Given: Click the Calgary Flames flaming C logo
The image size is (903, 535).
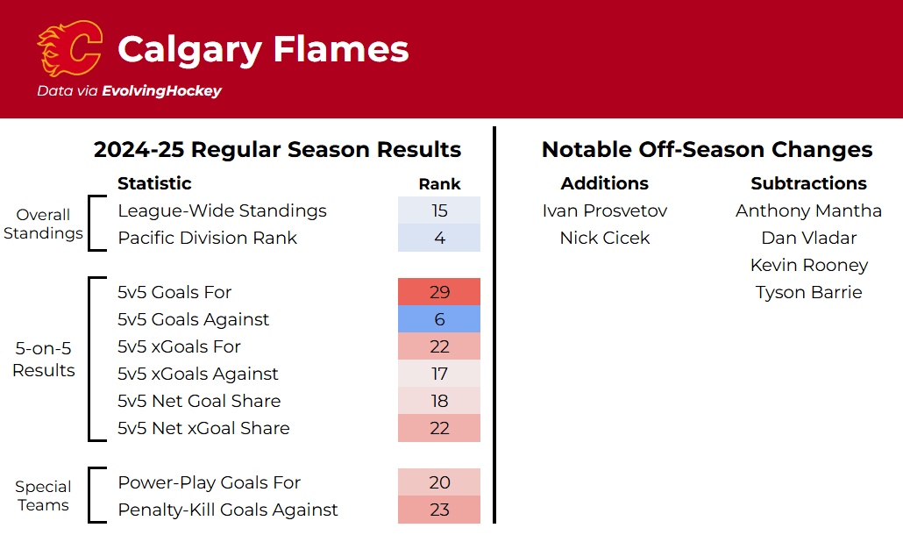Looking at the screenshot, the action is pyautogui.click(x=69, y=48).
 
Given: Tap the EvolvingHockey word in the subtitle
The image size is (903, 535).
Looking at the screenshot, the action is pyautogui.click(x=162, y=91).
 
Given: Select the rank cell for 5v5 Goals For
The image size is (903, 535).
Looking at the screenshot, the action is pyautogui.click(x=439, y=292).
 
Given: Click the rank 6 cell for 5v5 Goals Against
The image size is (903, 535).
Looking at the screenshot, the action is pyautogui.click(x=439, y=319).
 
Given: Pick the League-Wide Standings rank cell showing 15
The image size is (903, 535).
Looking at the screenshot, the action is pyautogui.click(x=439, y=210).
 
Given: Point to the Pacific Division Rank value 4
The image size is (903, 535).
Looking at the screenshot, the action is pyautogui.click(x=439, y=238).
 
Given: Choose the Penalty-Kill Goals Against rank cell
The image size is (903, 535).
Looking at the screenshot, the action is pyautogui.click(x=439, y=510).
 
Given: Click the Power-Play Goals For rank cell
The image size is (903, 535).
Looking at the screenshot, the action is pyautogui.click(x=439, y=482).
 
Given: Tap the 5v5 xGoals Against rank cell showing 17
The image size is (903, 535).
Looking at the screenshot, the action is pyautogui.click(x=439, y=374).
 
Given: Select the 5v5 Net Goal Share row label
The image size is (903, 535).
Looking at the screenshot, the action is pyautogui.click(x=199, y=401).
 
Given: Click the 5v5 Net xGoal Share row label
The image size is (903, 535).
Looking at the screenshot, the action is pyautogui.click(x=203, y=428).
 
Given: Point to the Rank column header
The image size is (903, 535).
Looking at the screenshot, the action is pyautogui.click(x=439, y=183).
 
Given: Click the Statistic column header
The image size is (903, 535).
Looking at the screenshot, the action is pyautogui.click(x=154, y=183).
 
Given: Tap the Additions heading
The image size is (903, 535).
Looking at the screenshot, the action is pyautogui.click(x=605, y=183).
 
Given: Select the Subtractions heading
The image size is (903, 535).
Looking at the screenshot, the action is pyautogui.click(x=808, y=183).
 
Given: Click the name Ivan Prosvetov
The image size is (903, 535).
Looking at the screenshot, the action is pyautogui.click(x=605, y=210).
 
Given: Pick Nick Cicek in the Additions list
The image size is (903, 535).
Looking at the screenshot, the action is pyautogui.click(x=605, y=238).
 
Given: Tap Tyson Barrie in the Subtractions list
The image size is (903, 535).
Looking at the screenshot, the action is pyautogui.click(x=808, y=292).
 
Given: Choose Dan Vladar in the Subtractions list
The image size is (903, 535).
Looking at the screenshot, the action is pyautogui.click(x=808, y=238).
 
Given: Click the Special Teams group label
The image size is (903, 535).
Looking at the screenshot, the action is pyautogui.click(x=43, y=496).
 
